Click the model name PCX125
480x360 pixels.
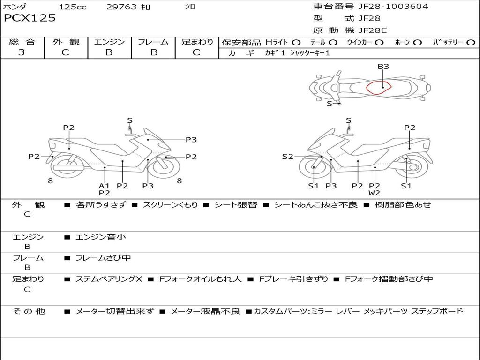pyautogui.click(x=30, y=18)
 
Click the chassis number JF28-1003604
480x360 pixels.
pyautogui.click(x=393, y=7)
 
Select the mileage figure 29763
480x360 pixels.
pyautogui.click(x=121, y=7)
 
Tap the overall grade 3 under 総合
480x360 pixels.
pyautogui.click(x=22, y=52)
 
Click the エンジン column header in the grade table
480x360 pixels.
pyautogui.click(x=109, y=42)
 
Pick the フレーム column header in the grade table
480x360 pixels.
pyautogui.click(x=153, y=42)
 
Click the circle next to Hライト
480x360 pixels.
pyautogui.click(x=296, y=43)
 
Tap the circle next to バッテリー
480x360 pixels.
pyautogui.click(x=471, y=43)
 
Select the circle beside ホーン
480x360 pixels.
pyautogui.click(x=418, y=43)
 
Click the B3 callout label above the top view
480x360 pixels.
pyautogui.click(x=383, y=67)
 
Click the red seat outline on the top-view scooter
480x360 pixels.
pyautogui.click(x=367, y=88)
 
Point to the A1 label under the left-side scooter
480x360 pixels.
pyautogui.click(x=104, y=186)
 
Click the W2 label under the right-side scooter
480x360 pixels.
pyautogui.click(x=374, y=193)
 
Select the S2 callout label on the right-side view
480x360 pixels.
pyautogui.click(x=287, y=157)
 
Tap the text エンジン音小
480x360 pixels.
pyautogui.click(x=101, y=237)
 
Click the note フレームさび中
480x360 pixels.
pyautogui.click(x=103, y=258)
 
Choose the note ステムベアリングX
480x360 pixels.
pyautogui.click(x=109, y=279)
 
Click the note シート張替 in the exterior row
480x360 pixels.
pyautogui.click(x=236, y=205)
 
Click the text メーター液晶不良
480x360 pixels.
pyautogui.click(x=205, y=311)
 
